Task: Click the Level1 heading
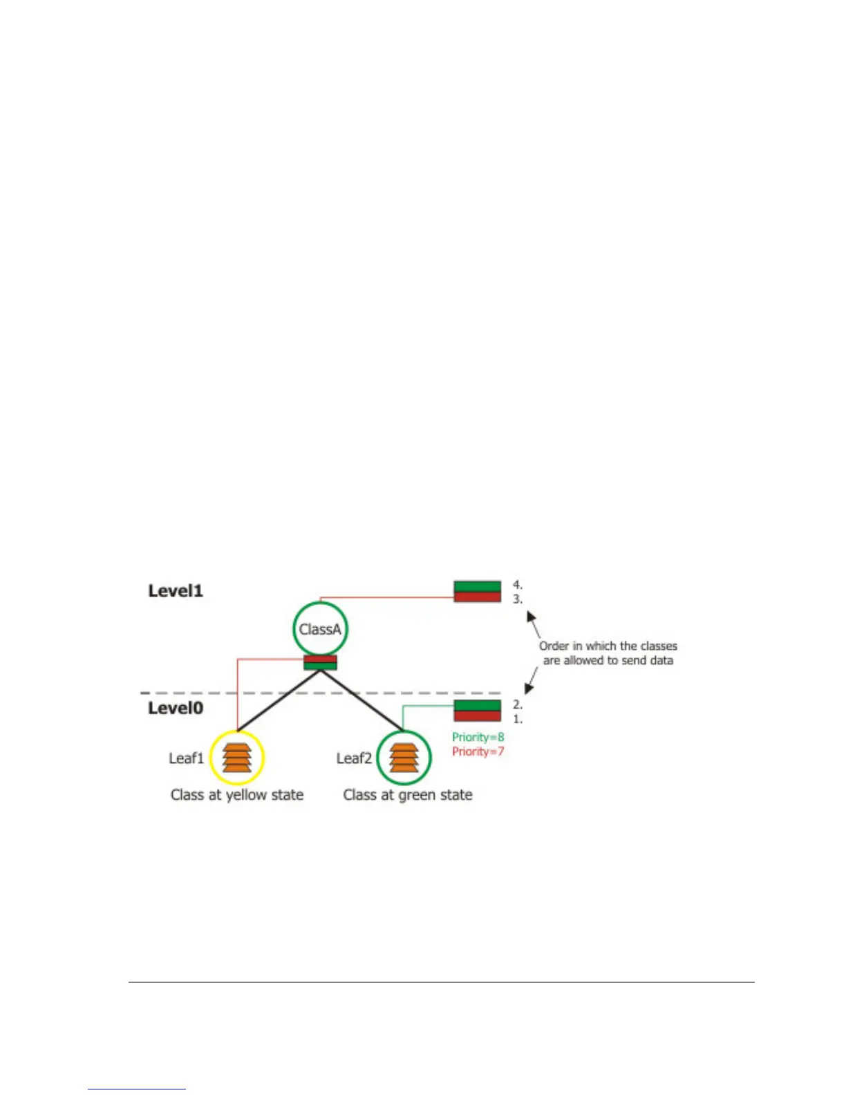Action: click(x=176, y=591)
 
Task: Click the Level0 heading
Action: click(x=176, y=708)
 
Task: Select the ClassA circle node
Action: click(x=320, y=629)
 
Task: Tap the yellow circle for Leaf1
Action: click(x=237, y=758)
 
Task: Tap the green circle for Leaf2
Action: click(x=404, y=758)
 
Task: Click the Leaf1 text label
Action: click(x=186, y=758)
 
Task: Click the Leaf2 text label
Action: click(x=354, y=758)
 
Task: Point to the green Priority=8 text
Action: click(x=478, y=737)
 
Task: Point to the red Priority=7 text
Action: click(x=478, y=751)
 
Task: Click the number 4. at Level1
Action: click(x=518, y=585)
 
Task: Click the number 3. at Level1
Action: click(x=518, y=599)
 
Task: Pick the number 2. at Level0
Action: click(x=518, y=704)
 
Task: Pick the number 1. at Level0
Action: click(x=518, y=719)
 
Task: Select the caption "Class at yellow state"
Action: click(x=237, y=795)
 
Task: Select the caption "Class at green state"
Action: click(x=408, y=795)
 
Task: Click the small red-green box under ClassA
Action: click(x=320, y=663)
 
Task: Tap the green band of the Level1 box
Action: click(x=477, y=587)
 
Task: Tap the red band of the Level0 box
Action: click(x=477, y=716)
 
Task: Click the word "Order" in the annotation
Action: click(x=554, y=646)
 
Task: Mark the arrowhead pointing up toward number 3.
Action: click(x=532, y=615)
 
